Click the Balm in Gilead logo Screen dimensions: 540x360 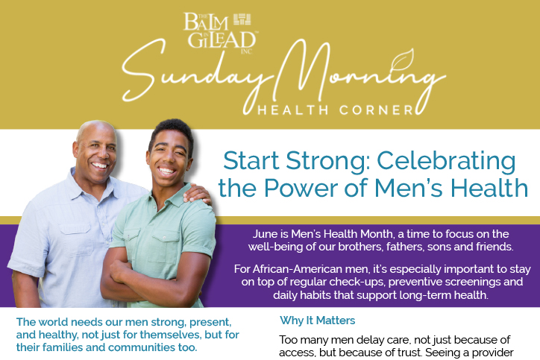(221, 34)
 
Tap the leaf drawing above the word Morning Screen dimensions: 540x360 (402, 60)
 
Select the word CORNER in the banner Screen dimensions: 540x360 (376, 110)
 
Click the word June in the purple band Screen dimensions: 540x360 (266, 234)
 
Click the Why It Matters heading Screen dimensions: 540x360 (317, 320)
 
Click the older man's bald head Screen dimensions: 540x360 (95, 130)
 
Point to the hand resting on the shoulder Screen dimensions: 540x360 (197, 195)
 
